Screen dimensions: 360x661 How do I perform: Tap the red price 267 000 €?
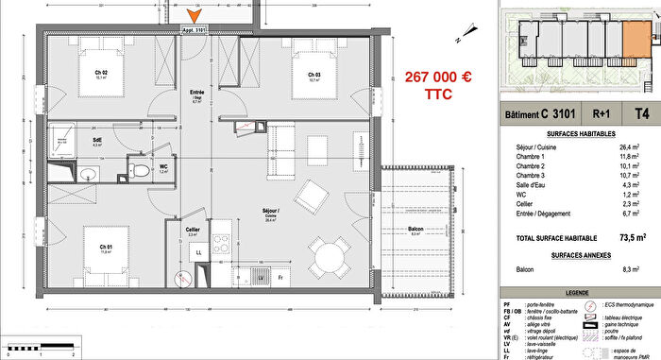tap(441, 77)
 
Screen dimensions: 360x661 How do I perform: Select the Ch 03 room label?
tap(314, 76)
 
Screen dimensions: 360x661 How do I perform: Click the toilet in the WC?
tap(138, 171)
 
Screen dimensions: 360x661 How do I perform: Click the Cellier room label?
tap(191, 230)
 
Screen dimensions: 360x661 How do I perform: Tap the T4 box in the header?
tap(642, 115)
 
